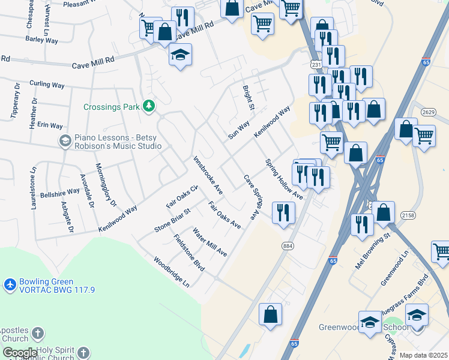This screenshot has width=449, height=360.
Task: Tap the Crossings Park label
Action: tap(112, 107)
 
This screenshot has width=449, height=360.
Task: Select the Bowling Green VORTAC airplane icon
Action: tap(10, 283)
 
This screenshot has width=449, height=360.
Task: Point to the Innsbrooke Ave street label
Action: tap(208, 175)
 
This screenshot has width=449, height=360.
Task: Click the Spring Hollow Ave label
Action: tap(284, 179)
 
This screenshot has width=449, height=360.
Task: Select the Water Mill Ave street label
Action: tap(209, 242)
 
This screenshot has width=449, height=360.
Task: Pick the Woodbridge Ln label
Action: tap(171, 272)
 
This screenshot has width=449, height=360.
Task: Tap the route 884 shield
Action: tap(289, 245)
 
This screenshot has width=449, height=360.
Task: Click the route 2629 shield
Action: tap(429, 112)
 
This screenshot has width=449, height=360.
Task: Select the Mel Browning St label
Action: tap(373, 250)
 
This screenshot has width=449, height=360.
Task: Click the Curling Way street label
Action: tap(47, 85)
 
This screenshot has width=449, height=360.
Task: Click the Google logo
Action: tap(20, 353)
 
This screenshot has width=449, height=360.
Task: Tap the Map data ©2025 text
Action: tap(424, 355)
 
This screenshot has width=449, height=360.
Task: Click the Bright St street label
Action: tap(248, 98)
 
